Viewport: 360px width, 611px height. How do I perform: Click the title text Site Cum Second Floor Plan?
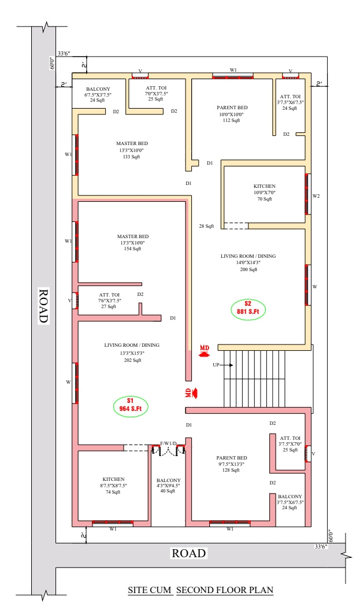point(201,590)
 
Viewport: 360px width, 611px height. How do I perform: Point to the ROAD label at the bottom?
point(189,553)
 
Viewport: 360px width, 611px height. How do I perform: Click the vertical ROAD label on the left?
point(43,305)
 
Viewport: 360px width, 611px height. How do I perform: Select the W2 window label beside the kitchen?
point(316,196)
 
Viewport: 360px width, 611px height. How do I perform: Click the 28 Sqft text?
point(206,226)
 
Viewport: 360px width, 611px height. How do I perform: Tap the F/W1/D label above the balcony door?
point(169,443)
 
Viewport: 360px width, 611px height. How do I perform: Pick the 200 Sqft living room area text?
point(248,269)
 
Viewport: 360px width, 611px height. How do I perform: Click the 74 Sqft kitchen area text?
point(113,492)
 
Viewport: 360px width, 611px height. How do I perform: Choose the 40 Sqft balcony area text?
point(168,491)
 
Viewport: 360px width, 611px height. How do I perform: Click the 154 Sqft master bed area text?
point(133,249)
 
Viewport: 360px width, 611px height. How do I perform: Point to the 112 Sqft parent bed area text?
point(231,120)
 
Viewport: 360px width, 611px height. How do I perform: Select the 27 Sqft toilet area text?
point(109,307)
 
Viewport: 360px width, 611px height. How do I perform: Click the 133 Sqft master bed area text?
point(132,157)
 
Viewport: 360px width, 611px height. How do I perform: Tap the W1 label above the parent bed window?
point(233,70)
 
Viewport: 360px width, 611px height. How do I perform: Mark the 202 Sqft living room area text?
point(133,361)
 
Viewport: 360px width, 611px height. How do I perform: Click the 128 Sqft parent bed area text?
point(231,471)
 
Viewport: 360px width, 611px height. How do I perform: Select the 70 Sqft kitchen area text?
point(265,199)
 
